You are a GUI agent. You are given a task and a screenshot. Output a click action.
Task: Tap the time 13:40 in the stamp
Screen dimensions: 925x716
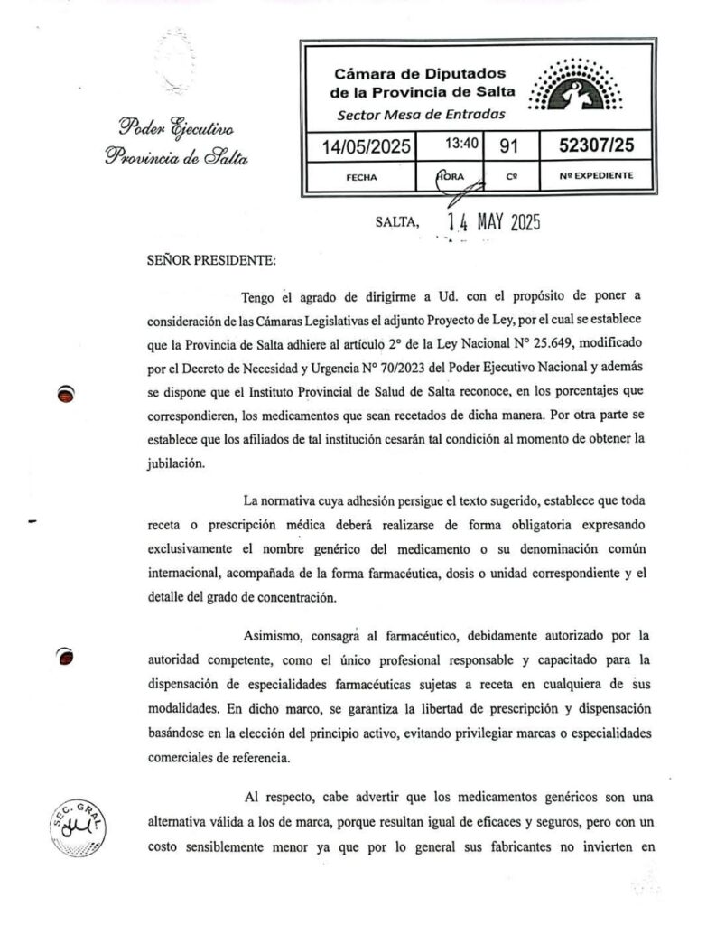pyautogui.click(x=460, y=144)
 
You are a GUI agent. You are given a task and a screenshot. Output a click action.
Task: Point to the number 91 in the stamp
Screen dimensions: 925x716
pyautogui.click(x=510, y=145)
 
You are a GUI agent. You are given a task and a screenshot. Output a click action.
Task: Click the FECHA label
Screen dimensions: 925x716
pyautogui.click(x=361, y=177)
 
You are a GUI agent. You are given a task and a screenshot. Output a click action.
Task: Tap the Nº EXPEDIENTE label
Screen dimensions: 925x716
pyautogui.click(x=596, y=175)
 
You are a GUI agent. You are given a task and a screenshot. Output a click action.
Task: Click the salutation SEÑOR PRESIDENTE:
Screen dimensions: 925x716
pyautogui.click(x=211, y=260)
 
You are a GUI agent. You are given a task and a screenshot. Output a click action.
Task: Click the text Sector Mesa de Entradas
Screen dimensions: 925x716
pyautogui.click(x=421, y=115)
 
